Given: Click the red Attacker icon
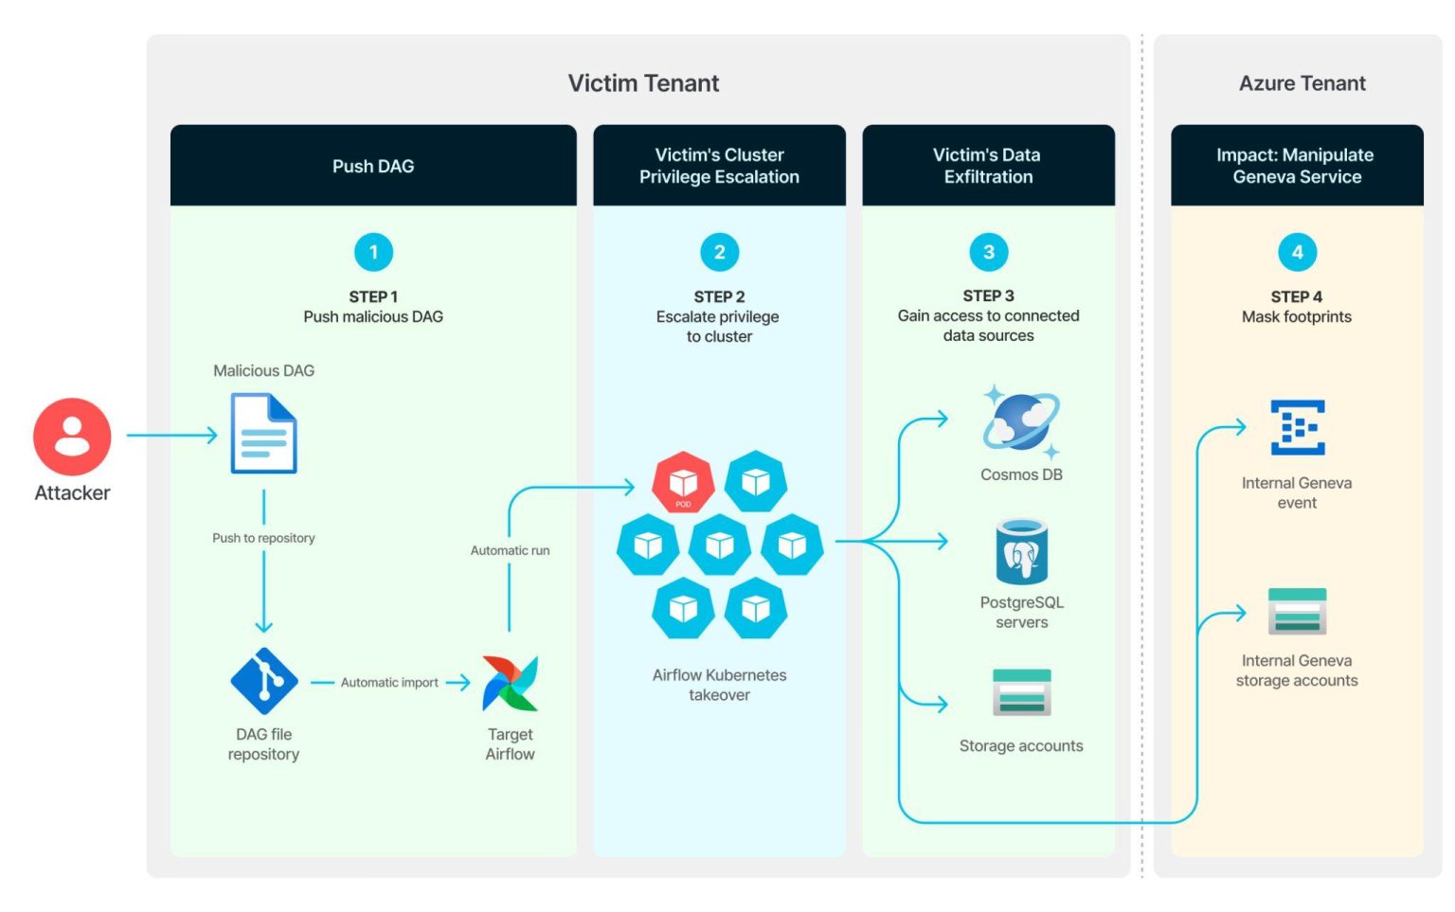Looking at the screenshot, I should coord(72,437).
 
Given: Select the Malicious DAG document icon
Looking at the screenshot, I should coord(264,434).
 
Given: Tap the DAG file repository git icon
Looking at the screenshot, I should coord(264,681).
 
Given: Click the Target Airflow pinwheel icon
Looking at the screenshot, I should coord(510,683).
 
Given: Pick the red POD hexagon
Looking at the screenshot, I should coord(683,482).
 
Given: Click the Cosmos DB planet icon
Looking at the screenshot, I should coord(1020,422).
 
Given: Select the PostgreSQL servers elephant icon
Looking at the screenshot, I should coord(1021,552).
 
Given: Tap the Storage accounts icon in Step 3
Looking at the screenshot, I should coord(1021,692).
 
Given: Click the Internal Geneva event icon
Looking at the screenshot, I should coord(1297,428).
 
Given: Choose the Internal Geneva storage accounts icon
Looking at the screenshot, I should coord(1297,612).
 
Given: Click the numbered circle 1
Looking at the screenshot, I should coord(373,253).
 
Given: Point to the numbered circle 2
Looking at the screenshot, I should coord(719,253).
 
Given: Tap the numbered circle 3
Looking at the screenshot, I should coord(988,253).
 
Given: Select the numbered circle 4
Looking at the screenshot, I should coord(1297,253).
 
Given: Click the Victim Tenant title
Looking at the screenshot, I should coord(643,83).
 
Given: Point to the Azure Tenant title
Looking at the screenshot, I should coord(1302,83).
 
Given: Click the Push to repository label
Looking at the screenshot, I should coord(263,538).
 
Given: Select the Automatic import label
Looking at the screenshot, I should coord(389,683).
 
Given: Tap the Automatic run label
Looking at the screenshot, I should coord(510,550).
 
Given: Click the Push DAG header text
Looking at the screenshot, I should coord(373,167).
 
